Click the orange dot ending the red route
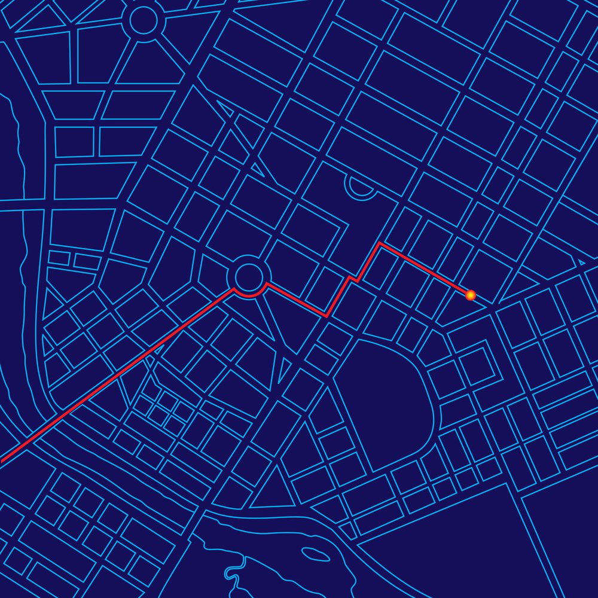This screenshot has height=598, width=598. click(x=471, y=294)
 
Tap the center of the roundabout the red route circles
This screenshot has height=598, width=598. click(x=248, y=276)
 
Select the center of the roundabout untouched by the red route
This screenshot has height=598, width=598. click(x=144, y=20)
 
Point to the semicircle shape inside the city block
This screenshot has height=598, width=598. click(x=361, y=188)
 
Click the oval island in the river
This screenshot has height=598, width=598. click(x=315, y=554)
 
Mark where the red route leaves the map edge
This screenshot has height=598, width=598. click(x=2, y=460)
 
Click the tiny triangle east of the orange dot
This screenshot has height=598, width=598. click(x=581, y=263)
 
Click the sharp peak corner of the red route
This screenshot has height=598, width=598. click(x=380, y=243)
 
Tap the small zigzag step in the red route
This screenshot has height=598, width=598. click(x=353, y=278)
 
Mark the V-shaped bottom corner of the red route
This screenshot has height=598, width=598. click(x=327, y=315)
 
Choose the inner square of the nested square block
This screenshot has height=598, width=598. click(x=475, y=364)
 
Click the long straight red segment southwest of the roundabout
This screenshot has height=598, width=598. click(x=120, y=374)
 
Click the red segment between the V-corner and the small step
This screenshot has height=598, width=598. click(x=338, y=297)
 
